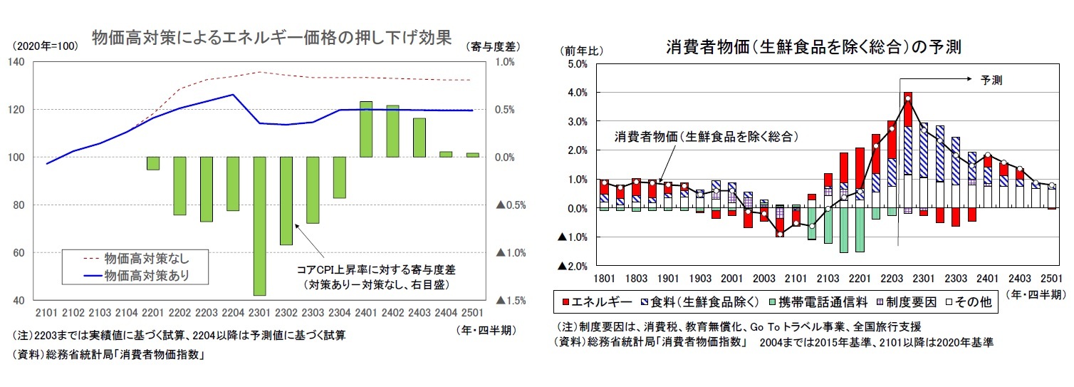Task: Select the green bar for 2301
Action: tap(259, 226)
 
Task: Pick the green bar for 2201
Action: tap(153, 163)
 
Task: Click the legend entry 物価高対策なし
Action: tap(146, 257)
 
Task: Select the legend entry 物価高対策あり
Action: tap(146, 274)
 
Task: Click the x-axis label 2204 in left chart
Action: tap(233, 312)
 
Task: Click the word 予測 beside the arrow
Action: tap(991, 80)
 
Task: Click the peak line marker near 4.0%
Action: tap(908, 98)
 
